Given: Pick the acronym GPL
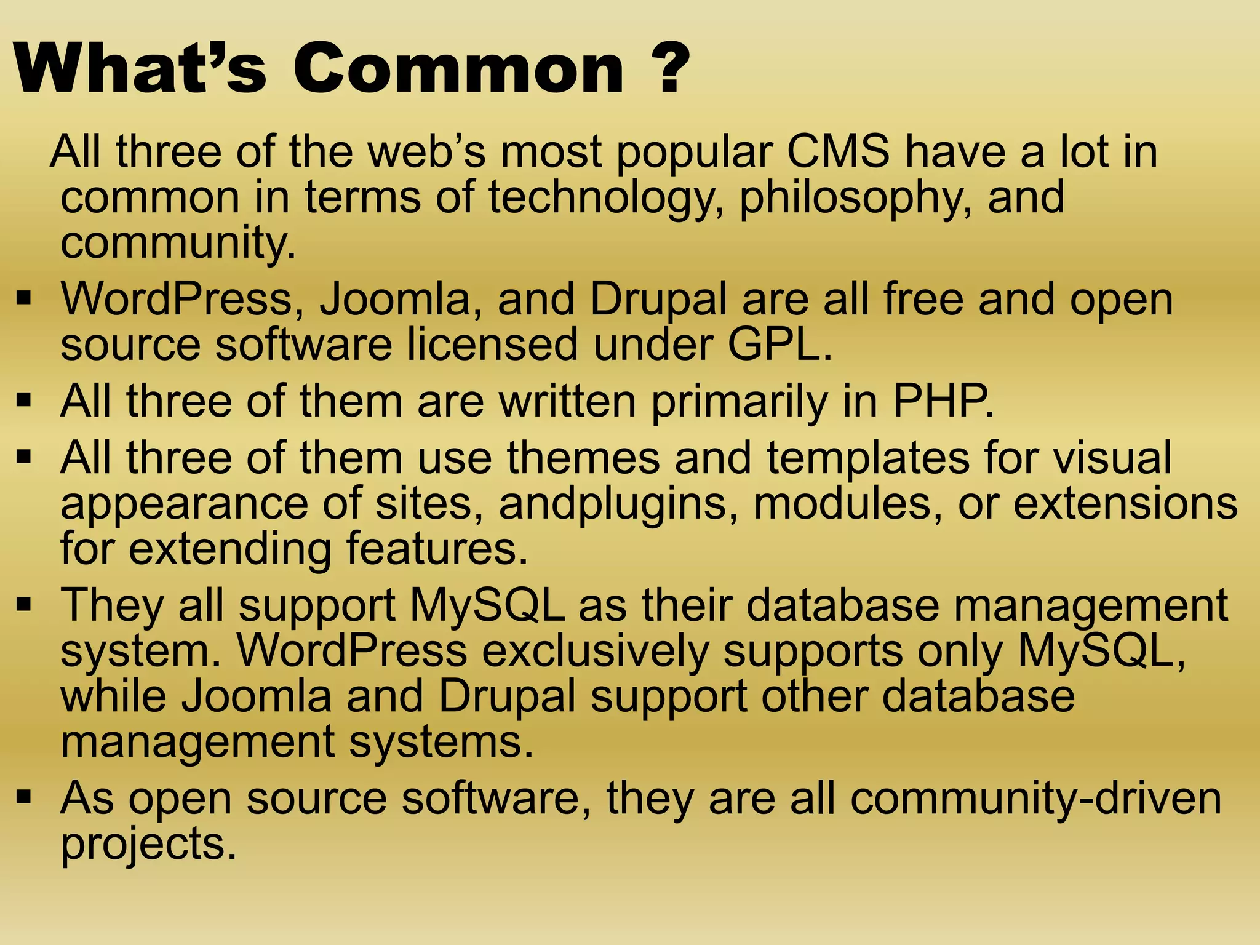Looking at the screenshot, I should tap(779, 345).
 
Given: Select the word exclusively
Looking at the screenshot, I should tap(594, 651).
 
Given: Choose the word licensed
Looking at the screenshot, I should tap(493, 345).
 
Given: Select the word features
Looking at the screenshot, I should tap(437, 549).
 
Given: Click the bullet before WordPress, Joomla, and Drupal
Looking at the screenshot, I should tap(24, 300).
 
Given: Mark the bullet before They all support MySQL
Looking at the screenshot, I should tap(24, 605).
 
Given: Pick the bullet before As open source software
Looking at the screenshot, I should tap(24, 798).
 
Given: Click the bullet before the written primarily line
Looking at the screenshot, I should tap(24, 401).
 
